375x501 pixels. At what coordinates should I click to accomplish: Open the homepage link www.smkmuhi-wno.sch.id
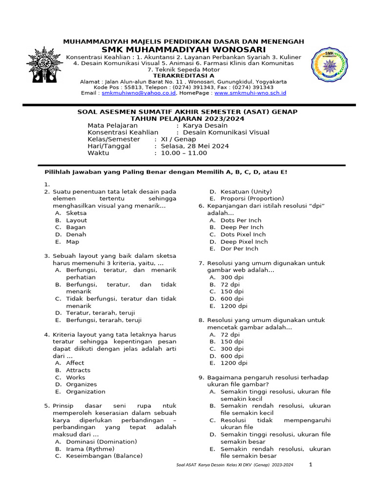coord(250,92)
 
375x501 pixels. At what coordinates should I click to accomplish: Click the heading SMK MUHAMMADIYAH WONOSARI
coord(184,50)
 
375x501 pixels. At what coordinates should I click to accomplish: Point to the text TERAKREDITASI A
coord(184,76)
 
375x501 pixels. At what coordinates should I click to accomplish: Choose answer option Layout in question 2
coord(76,220)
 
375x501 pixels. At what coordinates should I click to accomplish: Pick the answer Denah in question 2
coord(76,234)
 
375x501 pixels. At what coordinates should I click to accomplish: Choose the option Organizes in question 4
coord(82,385)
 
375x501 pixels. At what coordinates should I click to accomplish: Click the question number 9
coord(201,377)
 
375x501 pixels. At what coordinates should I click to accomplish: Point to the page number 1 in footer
coord(310,465)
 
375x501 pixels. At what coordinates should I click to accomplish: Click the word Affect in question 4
coord(75,363)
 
